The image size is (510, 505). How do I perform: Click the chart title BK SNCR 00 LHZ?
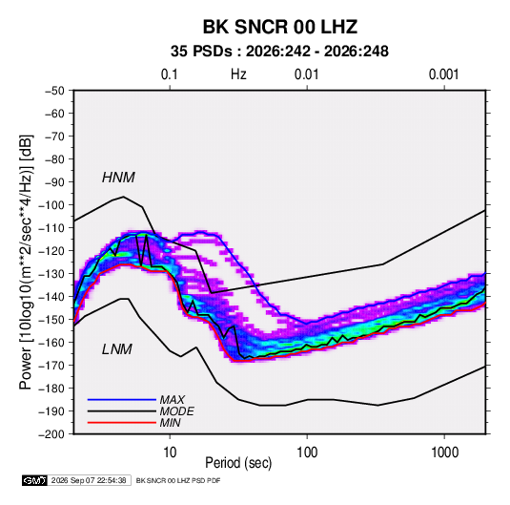pyautogui.click(x=280, y=27)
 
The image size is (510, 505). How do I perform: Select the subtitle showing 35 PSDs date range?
pyautogui.click(x=279, y=52)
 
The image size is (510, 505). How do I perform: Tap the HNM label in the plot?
pyautogui.click(x=118, y=178)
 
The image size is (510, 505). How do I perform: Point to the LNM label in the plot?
pyautogui.click(x=117, y=349)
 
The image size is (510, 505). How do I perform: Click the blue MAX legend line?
pyautogui.click(x=122, y=400)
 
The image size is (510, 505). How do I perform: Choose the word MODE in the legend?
pyautogui.click(x=177, y=411)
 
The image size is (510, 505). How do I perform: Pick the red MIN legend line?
pyautogui.click(x=122, y=423)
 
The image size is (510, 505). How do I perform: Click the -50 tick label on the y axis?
pyautogui.click(x=54, y=91)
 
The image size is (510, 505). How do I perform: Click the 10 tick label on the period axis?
pyautogui.click(x=170, y=452)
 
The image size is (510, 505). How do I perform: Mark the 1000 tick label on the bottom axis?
pyautogui.click(x=444, y=452)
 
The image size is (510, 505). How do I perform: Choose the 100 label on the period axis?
pyautogui.click(x=307, y=452)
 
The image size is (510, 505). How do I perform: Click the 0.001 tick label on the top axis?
pyautogui.click(x=443, y=74)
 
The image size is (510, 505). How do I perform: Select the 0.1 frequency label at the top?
pyautogui.click(x=170, y=74)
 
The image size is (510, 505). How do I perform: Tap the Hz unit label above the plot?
pyautogui.click(x=238, y=74)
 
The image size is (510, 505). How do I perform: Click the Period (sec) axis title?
pyautogui.click(x=238, y=463)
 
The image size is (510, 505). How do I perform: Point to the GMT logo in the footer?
pyautogui.click(x=34, y=480)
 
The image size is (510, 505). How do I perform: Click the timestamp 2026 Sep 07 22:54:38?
pyautogui.click(x=89, y=480)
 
